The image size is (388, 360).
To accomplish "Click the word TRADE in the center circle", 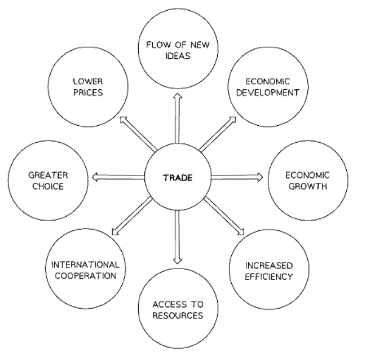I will point(178,178).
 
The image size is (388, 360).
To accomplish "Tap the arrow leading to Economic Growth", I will point(236,177).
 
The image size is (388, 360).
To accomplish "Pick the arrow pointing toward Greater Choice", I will point(118,177).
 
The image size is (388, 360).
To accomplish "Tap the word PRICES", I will point(87,93).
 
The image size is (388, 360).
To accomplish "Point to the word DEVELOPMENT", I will point(267,93).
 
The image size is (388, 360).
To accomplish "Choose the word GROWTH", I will point(307,186).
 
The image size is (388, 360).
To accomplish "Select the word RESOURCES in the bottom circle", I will point(178,316).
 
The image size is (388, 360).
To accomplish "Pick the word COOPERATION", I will point(86,275).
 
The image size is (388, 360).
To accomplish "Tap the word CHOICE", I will point(48,186).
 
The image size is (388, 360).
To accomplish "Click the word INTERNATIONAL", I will point(86,264).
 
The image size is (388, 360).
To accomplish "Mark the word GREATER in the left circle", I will point(48,175).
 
